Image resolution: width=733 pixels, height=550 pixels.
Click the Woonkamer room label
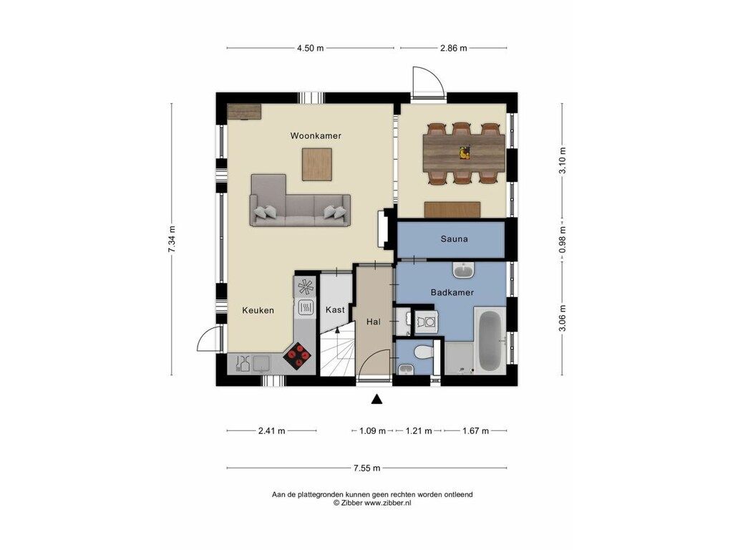coord(316,136)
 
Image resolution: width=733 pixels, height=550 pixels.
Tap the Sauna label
coord(454,239)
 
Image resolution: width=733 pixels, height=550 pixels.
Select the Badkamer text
coord(452,293)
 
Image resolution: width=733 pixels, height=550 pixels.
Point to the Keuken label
coord(258,310)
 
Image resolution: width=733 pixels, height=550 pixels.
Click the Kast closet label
coord(335,309)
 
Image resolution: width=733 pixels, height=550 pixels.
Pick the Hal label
coord(374,322)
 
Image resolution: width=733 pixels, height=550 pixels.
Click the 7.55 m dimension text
coord(367,468)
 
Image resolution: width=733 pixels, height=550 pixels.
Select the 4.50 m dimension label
coord(311,48)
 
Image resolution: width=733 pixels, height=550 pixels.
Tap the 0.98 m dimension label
coord(563,239)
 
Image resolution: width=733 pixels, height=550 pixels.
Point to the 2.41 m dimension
coord(271,430)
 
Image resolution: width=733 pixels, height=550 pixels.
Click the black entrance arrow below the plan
coord(377,400)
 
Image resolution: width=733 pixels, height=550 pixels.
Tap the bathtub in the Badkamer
coord(490,341)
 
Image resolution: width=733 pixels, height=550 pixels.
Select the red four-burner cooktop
coord(297,356)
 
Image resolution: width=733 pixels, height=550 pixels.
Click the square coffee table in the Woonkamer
coord(317,164)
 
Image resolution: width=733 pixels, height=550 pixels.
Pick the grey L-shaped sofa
coord(300,201)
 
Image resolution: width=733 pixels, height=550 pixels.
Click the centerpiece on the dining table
coord(464,153)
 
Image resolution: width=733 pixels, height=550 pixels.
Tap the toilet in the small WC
coord(424,352)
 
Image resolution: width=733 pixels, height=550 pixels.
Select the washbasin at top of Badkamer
coord(463,270)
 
